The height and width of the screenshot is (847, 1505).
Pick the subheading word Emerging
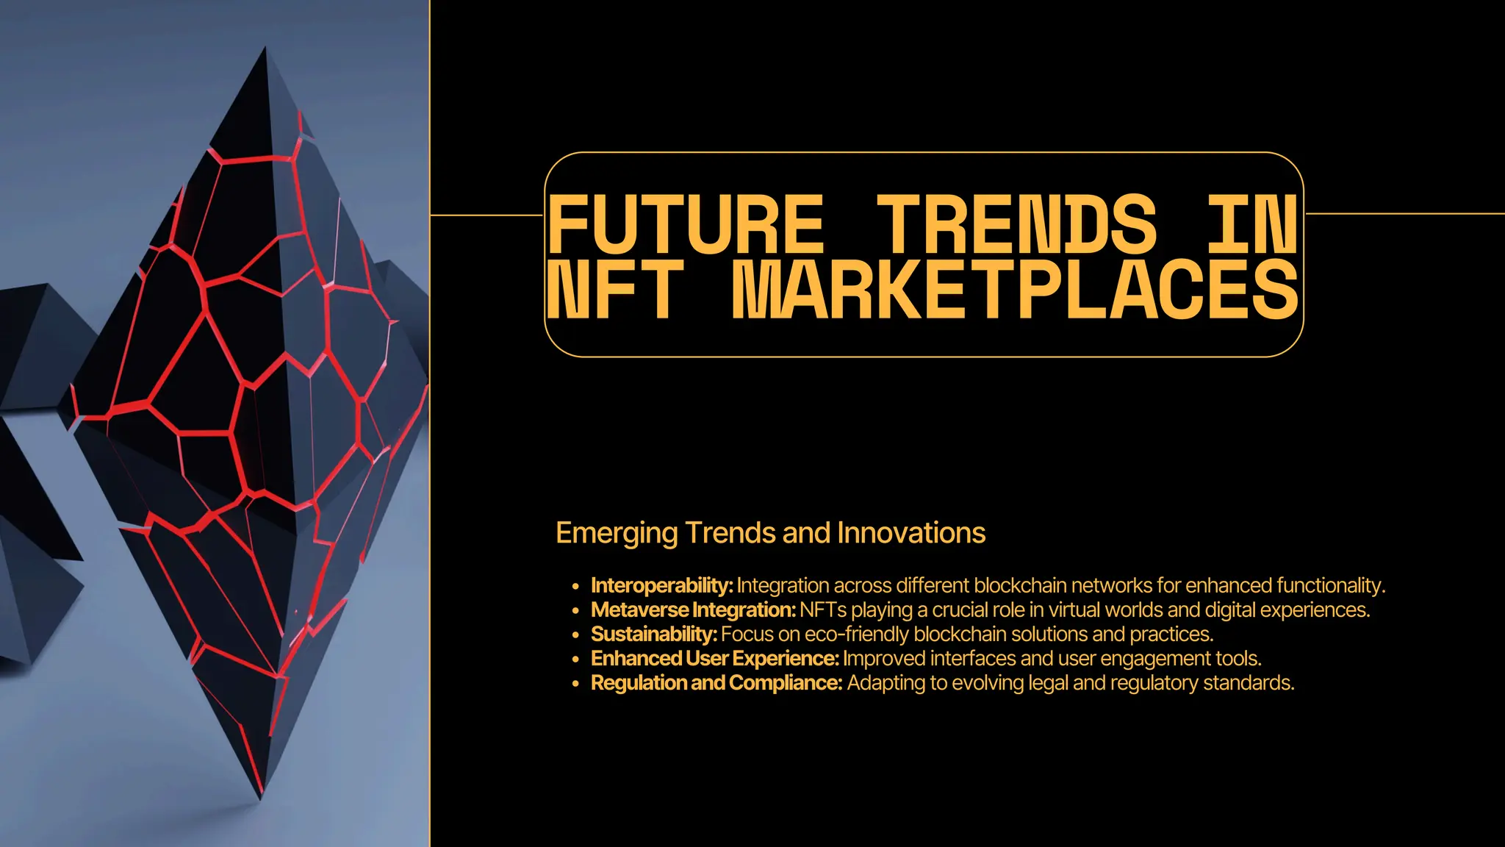pyautogui.click(x=617, y=533)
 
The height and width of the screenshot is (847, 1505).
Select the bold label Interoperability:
pyautogui.click(x=661, y=586)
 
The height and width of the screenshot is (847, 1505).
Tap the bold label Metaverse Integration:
pyautogui.click(x=693, y=610)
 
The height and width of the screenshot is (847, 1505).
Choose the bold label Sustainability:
pyautogui.click(x=653, y=635)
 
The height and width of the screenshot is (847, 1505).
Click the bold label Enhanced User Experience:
pyautogui.click(x=714, y=659)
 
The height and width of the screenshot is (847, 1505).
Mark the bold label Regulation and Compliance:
pyautogui.click(x=716, y=683)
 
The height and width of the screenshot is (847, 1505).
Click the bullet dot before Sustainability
pyautogui.click(x=575, y=635)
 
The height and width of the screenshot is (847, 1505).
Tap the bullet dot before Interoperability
pyautogui.click(x=575, y=587)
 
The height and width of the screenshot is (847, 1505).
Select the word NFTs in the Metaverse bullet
pyautogui.click(x=823, y=610)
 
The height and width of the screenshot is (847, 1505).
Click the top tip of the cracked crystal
pyautogui.click(x=265, y=49)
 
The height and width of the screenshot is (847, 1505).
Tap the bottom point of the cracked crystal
pyautogui.click(x=260, y=797)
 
